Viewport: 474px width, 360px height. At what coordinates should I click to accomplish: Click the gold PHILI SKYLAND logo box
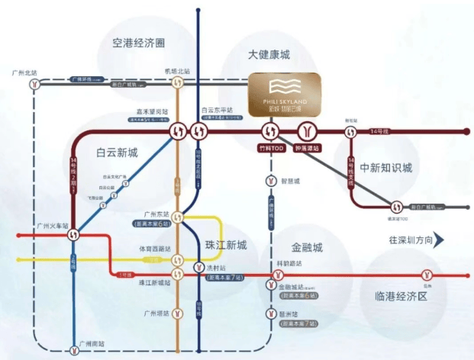pyautogui.click(x=286, y=95)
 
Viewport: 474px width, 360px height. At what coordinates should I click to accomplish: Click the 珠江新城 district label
pyautogui.click(x=227, y=245)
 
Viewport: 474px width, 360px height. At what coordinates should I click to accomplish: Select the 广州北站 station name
pyautogui.click(x=25, y=72)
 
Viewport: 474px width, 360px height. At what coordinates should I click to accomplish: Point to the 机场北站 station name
pyautogui.click(x=176, y=72)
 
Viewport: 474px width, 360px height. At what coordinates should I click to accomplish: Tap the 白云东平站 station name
pyautogui.click(x=215, y=111)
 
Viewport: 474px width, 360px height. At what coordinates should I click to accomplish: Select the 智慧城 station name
pyautogui.click(x=292, y=182)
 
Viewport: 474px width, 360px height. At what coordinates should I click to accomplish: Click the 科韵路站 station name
pyautogui.click(x=289, y=263)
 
